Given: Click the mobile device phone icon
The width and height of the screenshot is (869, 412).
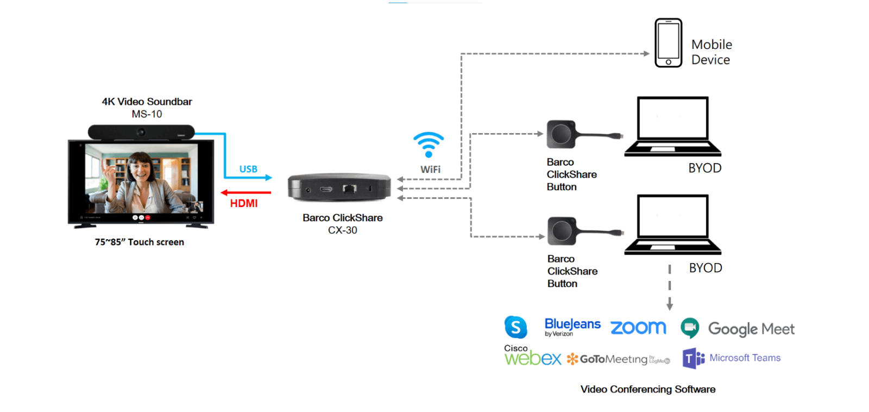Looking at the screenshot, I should point(668,43).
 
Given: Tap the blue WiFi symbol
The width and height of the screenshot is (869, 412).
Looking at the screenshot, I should point(429,145).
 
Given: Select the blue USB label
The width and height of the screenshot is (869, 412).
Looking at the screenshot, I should point(248,169).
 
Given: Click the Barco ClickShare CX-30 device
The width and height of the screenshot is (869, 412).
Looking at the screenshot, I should point(339,188).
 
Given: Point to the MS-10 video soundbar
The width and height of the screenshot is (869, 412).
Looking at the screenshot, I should point(141,132).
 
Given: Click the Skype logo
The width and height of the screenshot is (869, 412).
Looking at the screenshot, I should point(515,327).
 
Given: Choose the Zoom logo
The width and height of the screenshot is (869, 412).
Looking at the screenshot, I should point(638,327).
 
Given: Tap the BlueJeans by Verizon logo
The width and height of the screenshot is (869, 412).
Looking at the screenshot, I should point(572,327).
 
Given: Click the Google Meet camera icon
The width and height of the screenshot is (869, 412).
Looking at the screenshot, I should point(690,328).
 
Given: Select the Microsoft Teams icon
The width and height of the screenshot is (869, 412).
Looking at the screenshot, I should point(693,358).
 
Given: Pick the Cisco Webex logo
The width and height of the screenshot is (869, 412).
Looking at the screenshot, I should point(532,356).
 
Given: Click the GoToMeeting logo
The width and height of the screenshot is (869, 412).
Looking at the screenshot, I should point(618,359).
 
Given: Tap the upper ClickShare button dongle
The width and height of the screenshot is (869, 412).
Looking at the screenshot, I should point(561,134).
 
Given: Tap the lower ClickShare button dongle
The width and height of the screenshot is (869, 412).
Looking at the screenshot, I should point(562,231).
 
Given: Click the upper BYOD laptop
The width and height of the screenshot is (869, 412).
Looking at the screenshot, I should point(672,126).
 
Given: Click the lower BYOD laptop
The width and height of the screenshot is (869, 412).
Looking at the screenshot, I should point(672,224).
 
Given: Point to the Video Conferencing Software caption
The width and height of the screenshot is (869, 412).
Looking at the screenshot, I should point(647,389).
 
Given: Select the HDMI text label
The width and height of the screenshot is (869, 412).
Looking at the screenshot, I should point(244,203).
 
